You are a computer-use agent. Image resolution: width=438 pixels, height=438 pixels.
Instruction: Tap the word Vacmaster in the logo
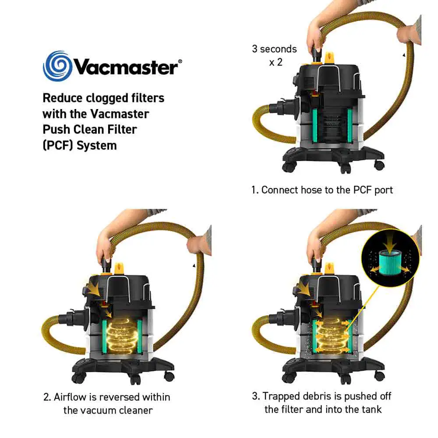coord(125,67)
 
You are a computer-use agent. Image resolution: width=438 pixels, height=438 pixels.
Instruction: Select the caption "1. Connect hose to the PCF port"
coord(322,190)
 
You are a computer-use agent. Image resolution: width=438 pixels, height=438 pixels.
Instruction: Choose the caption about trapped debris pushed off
coord(322,403)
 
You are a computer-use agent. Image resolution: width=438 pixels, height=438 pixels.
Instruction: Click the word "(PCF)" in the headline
coord(57,145)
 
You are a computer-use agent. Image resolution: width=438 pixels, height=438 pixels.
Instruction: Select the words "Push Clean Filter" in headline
coord(89,130)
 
